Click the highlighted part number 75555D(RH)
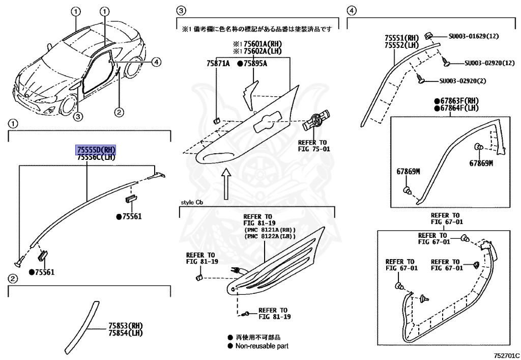[96, 150]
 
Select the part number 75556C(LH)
[96, 157]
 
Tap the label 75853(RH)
[125, 325]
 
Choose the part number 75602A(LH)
[264, 51]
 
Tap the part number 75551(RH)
[401, 37]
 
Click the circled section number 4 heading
[351, 10]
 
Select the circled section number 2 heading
[13, 279]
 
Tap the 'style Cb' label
[191, 202]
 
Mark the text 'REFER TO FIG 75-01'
[313, 145]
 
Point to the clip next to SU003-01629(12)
[429, 35]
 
